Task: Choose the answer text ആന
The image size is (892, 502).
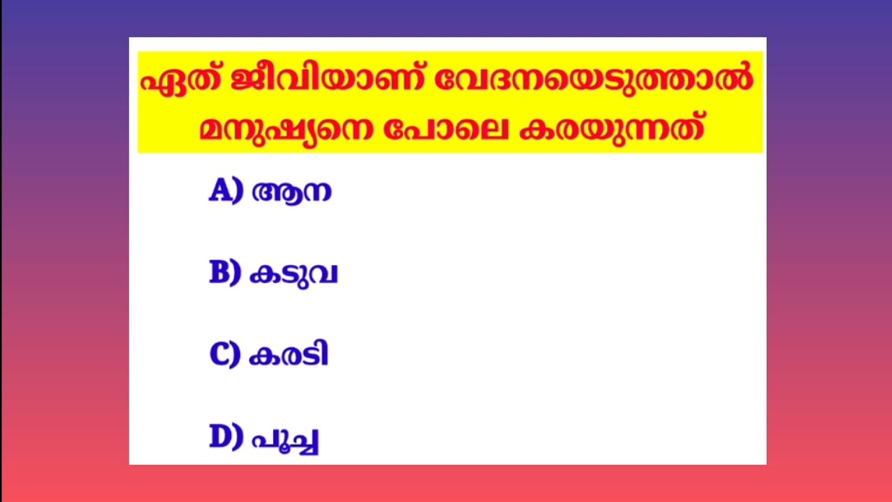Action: coord(291,192)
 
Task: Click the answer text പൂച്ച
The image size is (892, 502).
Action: coord(285,439)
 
